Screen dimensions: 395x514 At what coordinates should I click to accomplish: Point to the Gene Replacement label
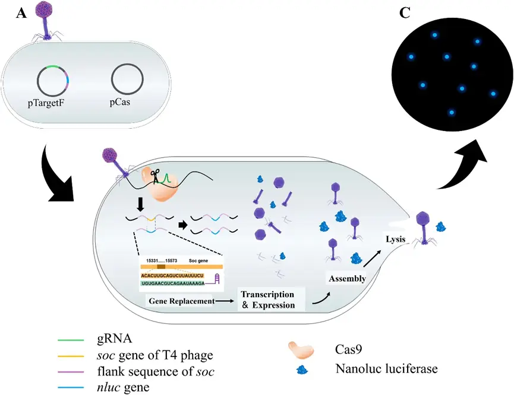tap(179, 301)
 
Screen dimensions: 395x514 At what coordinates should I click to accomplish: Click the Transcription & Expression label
tap(267, 300)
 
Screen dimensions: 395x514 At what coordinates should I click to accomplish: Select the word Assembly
tap(345, 278)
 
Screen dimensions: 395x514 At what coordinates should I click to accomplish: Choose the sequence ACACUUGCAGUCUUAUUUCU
tap(172, 275)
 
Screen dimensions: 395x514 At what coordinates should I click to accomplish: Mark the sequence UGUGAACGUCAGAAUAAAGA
tap(172, 284)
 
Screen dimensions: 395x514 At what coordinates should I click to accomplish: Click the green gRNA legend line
tap(72, 340)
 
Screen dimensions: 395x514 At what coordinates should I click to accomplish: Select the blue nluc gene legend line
tap(72, 387)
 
